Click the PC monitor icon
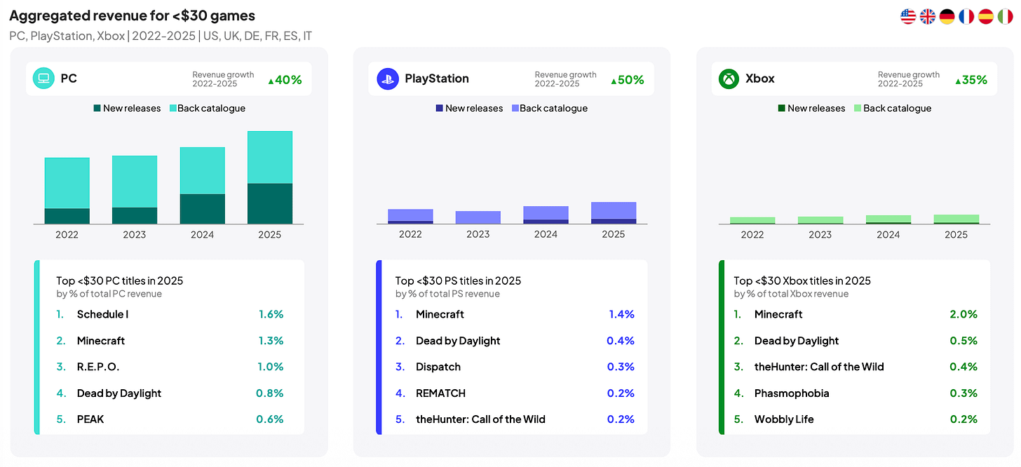pyautogui.click(x=43, y=79)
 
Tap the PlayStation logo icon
pyautogui.click(x=388, y=79)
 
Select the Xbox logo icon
pyautogui.click(x=729, y=79)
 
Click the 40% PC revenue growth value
pyautogui.click(x=285, y=80)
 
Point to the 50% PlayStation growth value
pyautogui.click(x=627, y=80)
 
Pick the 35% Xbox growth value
pyautogui.click(x=971, y=80)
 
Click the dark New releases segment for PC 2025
pyautogui.click(x=270, y=203)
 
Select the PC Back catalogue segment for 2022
pyautogui.click(x=67, y=183)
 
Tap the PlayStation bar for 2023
pyautogui.click(x=478, y=217)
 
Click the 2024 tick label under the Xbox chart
pyautogui.click(x=888, y=235)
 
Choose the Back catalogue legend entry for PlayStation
pyautogui.click(x=550, y=109)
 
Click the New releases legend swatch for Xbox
pyautogui.click(x=781, y=109)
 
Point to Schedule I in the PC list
pyautogui.click(x=102, y=314)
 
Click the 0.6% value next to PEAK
pyautogui.click(x=270, y=419)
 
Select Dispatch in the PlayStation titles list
pyautogui.click(x=438, y=367)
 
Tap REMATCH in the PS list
pyautogui.click(x=440, y=393)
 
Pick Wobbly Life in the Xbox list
pyautogui.click(x=784, y=419)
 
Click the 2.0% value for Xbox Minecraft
pyautogui.click(x=963, y=314)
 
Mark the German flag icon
pyautogui.click(x=947, y=17)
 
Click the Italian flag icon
pyautogui.click(x=1005, y=17)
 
